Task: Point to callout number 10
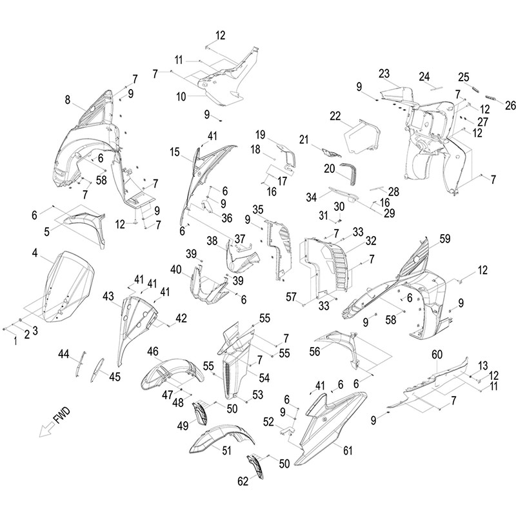pos(181,96)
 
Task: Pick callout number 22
pos(335,115)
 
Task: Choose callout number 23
pos(384,73)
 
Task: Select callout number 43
pos(108,296)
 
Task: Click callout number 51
pos(226,451)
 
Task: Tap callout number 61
pos(348,451)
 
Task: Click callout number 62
pos(243,480)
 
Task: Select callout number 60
pos(437,354)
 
